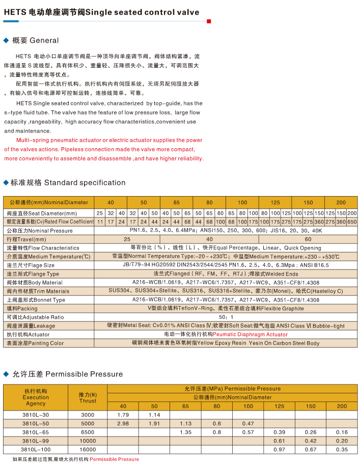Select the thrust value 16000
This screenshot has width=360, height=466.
88,450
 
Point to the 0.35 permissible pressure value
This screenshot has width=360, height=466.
342,450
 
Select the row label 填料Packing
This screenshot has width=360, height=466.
22,308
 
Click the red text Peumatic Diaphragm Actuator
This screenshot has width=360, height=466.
250,335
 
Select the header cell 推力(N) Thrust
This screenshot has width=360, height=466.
88,397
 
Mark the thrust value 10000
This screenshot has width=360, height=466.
88,441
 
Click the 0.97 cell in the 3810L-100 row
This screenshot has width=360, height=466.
279,450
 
